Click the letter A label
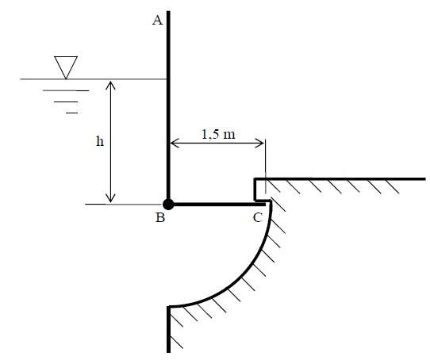(157, 21)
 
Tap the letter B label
(160, 217)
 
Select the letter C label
(258, 218)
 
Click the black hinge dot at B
(168, 205)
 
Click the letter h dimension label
(100, 141)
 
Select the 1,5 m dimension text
(218, 134)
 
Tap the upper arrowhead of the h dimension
(110, 86)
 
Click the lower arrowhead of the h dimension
(110, 198)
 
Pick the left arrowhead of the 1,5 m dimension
(175, 143)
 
